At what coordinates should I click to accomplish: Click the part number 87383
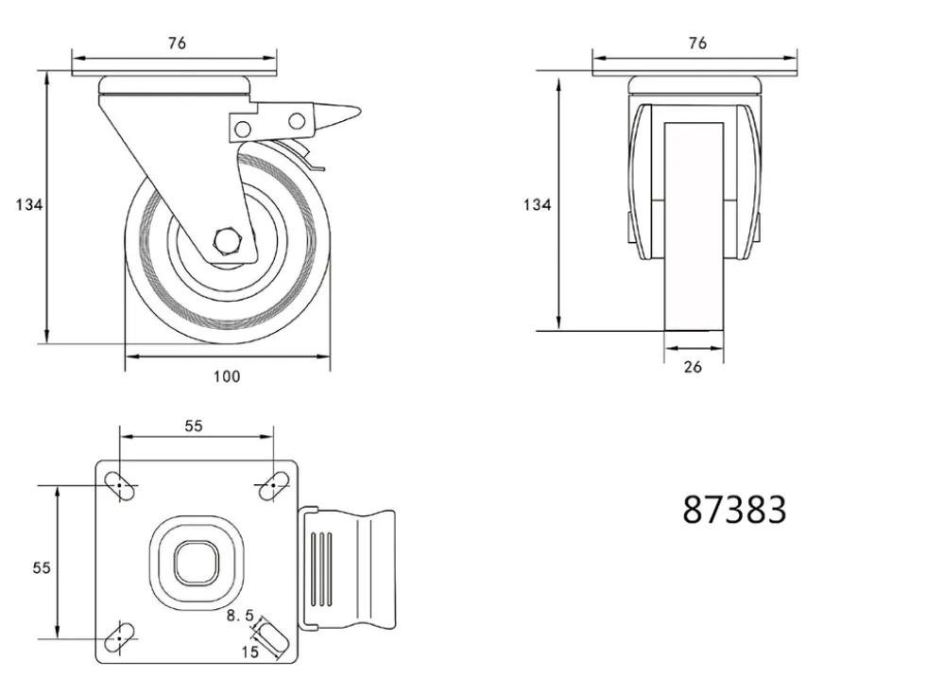(734, 510)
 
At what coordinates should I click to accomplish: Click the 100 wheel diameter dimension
(227, 376)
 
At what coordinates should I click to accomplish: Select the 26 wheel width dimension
(693, 367)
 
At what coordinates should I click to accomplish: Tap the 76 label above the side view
(177, 43)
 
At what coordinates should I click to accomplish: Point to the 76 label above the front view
(697, 43)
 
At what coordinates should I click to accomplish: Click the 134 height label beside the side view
(29, 204)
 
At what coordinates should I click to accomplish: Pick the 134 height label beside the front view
(537, 204)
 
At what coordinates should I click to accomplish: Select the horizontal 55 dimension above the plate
(194, 426)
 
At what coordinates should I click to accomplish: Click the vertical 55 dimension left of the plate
(42, 567)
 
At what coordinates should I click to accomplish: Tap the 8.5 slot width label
(240, 616)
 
